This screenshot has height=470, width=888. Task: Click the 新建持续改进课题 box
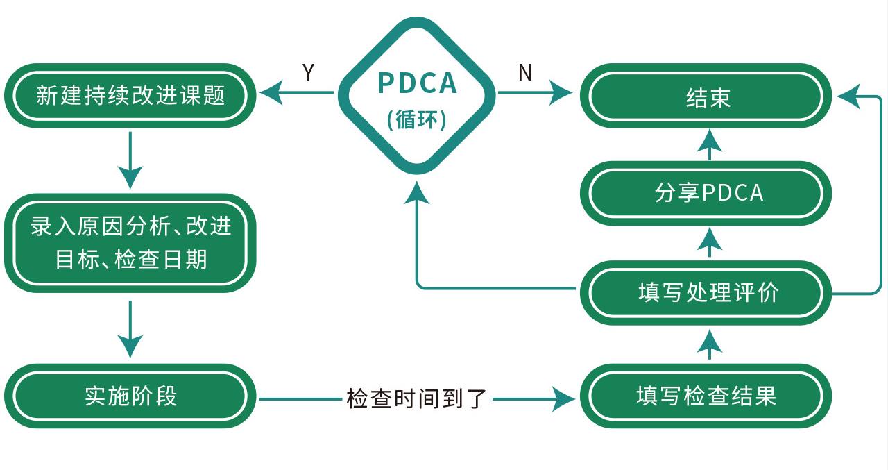pyautogui.click(x=130, y=96)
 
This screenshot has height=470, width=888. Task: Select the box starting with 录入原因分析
pyautogui.click(x=130, y=242)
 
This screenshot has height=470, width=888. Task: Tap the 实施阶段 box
pyautogui.click(x=130, y=396)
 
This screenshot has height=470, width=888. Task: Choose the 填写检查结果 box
pyautogui.click(x=706, y=396)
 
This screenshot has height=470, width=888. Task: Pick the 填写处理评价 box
pyautogui.click(x=706, y=292)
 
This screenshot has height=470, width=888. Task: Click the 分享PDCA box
pyautogui.click(x=706, y=193)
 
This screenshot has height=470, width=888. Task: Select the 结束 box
pyautogui.click(x=706, y=96)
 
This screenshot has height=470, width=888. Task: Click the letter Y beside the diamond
pyautogui.click(x=309, y=72)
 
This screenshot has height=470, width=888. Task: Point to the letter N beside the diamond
pyautogui.click(x=525, y=72)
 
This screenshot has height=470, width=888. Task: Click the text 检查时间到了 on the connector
pyautogui.click(x=417, y=399)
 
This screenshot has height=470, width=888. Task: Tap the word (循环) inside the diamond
pyautogui.click(x=417, y=120)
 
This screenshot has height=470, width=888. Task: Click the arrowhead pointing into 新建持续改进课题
pyautogui.click(x=271, y=92)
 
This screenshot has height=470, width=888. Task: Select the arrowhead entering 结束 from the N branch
pyautogui.click(x=561, y=92)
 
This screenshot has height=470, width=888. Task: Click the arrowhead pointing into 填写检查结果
pyautogui.click(x=563, y=399)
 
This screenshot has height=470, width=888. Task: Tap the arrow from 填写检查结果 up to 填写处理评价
pyautogui.click(x=709, y=344)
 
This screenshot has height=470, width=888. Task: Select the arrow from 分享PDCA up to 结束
pyautogui.click(x=709, y=144)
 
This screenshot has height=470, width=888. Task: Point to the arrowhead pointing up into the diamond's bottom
pyautogui.click(x=417, y=193)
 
